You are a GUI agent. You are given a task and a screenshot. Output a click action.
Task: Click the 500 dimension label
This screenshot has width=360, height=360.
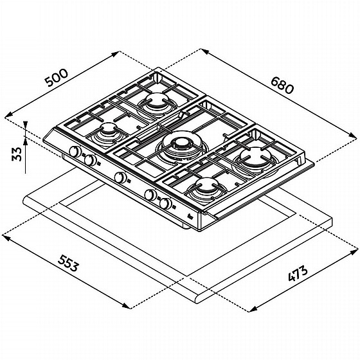pos(57,77)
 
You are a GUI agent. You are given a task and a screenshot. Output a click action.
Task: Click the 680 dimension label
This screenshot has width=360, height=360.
pos(282,85)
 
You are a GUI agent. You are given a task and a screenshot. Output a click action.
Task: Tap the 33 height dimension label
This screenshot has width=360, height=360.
pos(17,154)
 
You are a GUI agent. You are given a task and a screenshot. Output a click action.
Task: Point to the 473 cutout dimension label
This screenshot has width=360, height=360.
pos(298,273)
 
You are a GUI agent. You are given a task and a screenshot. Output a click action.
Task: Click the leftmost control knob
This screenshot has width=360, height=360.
pos(75,152)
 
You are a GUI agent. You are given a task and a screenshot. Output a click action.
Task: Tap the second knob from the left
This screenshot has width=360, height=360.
pos(90,160)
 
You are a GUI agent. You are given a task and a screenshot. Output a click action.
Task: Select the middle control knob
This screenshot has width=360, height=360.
pos(120,177)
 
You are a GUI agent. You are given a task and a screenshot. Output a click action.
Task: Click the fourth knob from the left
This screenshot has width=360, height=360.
pos(150,195)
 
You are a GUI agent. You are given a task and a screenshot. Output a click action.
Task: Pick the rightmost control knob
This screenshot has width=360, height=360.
pos(166,203)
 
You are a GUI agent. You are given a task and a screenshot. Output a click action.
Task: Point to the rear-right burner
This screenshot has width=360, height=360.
pos(254,157)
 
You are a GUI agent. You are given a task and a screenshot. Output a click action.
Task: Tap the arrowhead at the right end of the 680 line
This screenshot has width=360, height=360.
pos(353,136)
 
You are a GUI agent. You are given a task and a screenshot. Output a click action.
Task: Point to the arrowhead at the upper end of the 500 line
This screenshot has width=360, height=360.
pos(116,54)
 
